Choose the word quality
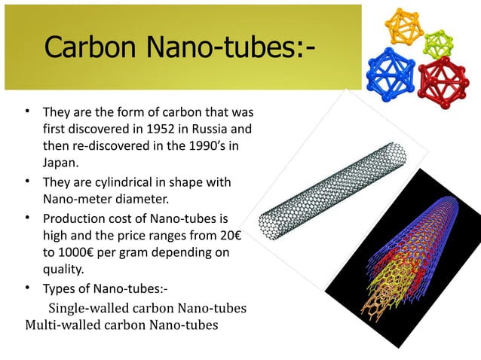tap(65, 270)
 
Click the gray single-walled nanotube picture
tap(332, 188)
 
